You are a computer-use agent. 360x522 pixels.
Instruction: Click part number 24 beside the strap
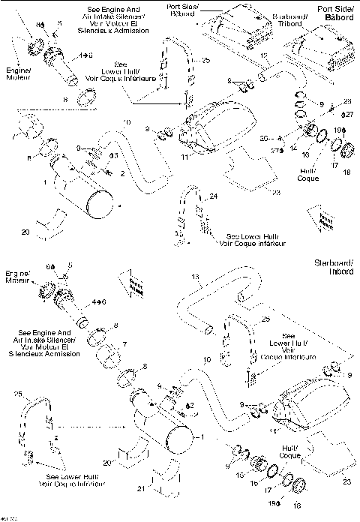[x=214, y=196]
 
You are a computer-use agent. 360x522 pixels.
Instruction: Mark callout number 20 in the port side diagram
[x=25, y=233]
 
